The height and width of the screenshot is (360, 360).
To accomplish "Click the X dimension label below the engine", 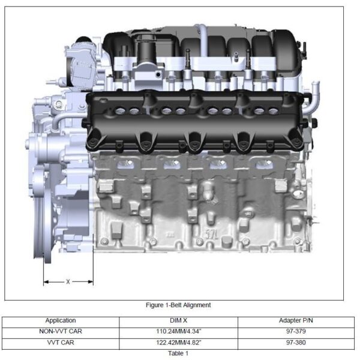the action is point(68,282).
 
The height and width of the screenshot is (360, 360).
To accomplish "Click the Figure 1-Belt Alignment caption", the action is point(178,305).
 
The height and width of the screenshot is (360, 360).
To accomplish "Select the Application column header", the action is point(61,320).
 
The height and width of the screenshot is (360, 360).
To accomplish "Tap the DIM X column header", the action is point(178,320).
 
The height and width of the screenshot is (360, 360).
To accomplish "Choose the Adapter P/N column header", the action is point(296,320).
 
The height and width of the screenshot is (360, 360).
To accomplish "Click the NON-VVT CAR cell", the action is point(61,332).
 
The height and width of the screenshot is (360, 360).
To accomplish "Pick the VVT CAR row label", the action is point(61,343).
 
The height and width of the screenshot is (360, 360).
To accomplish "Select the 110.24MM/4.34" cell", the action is point(179,332).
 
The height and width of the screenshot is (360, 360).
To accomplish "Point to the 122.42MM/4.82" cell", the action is point(179,343).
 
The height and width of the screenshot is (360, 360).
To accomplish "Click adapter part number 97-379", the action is point(296,332).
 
